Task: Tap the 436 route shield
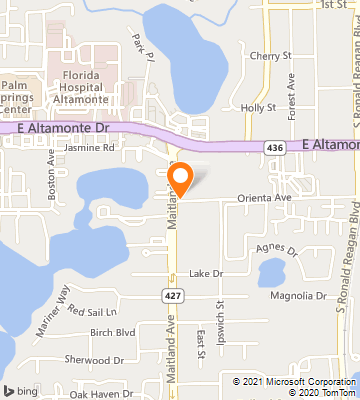point(274,147)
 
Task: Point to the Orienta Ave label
point(264,198)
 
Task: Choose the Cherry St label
point(270,56)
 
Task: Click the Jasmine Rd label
point(89,147)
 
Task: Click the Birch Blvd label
point(112,333)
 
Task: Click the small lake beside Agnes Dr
point(271,271)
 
